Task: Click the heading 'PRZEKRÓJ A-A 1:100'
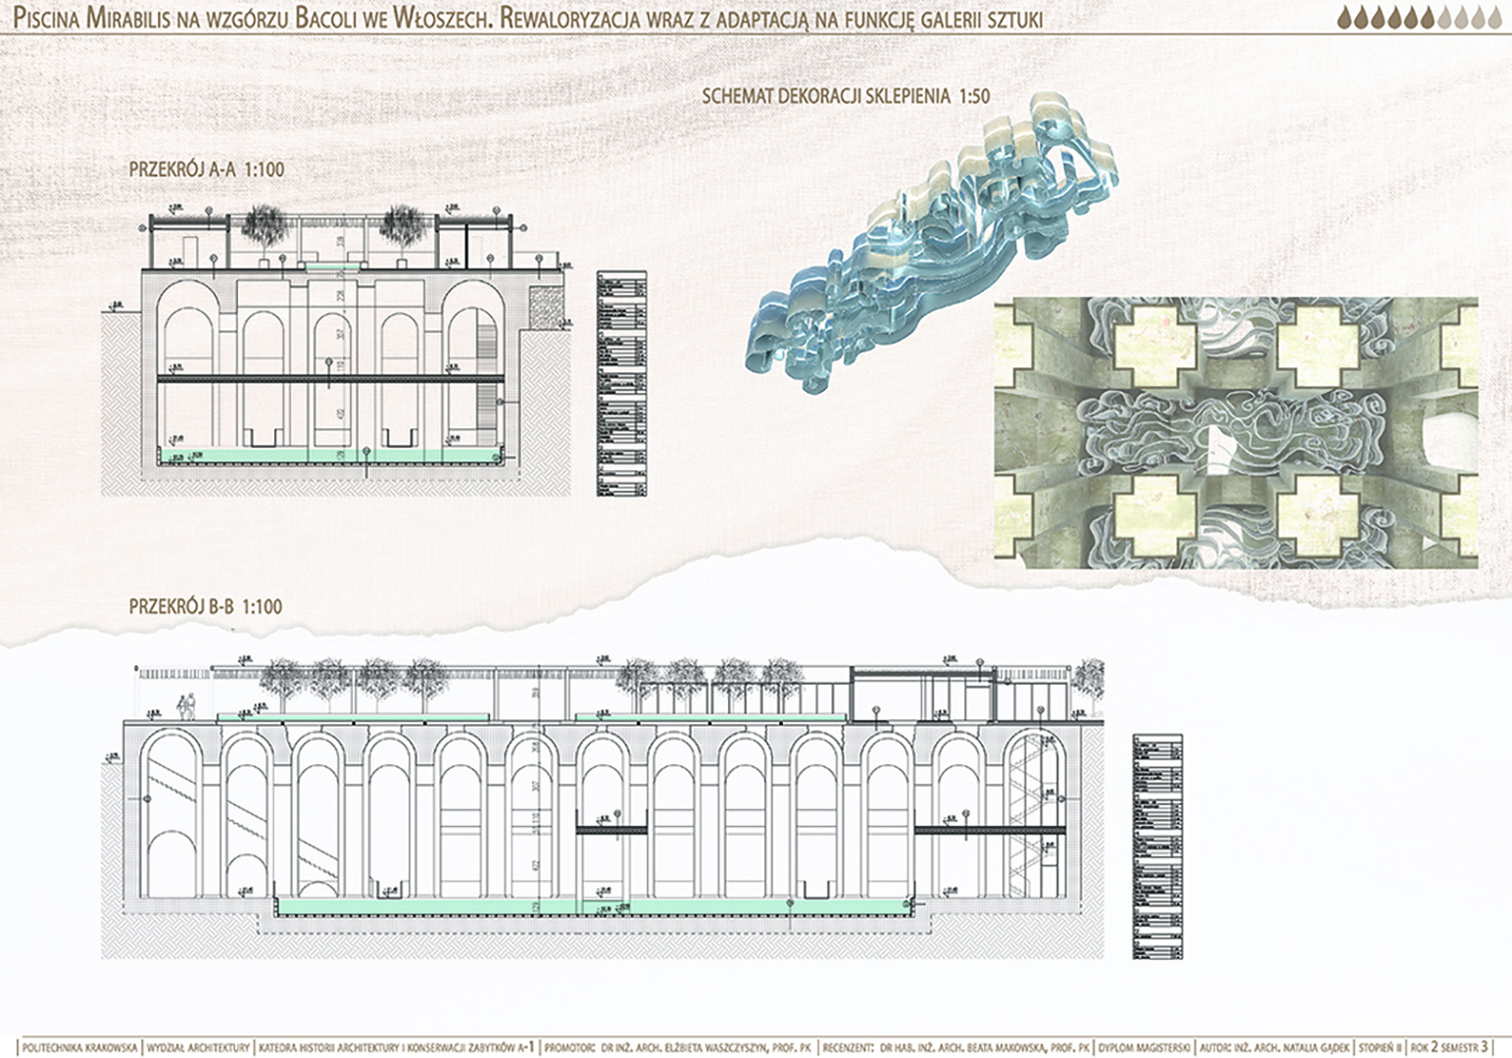tap(207, 169)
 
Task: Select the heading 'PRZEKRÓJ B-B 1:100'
tap(206, 606)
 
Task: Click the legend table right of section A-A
tap(621, 383)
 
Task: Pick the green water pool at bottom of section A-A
tap(333, 456)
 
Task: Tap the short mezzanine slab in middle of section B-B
tap(611, 831)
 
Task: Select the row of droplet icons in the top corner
tap(1418, 18)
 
